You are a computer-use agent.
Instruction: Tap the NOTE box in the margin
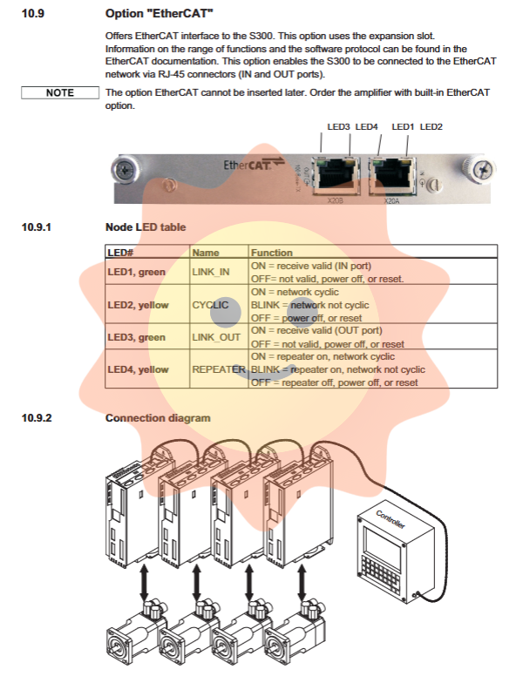[x=59, y=93]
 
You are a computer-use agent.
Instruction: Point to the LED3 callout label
[x=338, y=127]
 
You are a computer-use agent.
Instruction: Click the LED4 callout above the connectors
[x=367, y=127]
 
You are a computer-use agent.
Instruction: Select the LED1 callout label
[x=403, y=127]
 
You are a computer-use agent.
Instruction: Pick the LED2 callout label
[x=431, y=127]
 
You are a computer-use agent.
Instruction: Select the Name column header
[x=206, y=253]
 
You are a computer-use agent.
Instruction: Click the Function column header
[x=272, y=253]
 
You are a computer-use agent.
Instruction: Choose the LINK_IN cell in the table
[x=211, y=272]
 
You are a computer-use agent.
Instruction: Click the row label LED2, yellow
[x=138, y=305]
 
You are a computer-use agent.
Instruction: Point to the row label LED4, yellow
[x=138, y=369]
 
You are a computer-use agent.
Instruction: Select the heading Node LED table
[x=145, y=227]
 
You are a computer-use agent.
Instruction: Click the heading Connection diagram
[x=158, y=418]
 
